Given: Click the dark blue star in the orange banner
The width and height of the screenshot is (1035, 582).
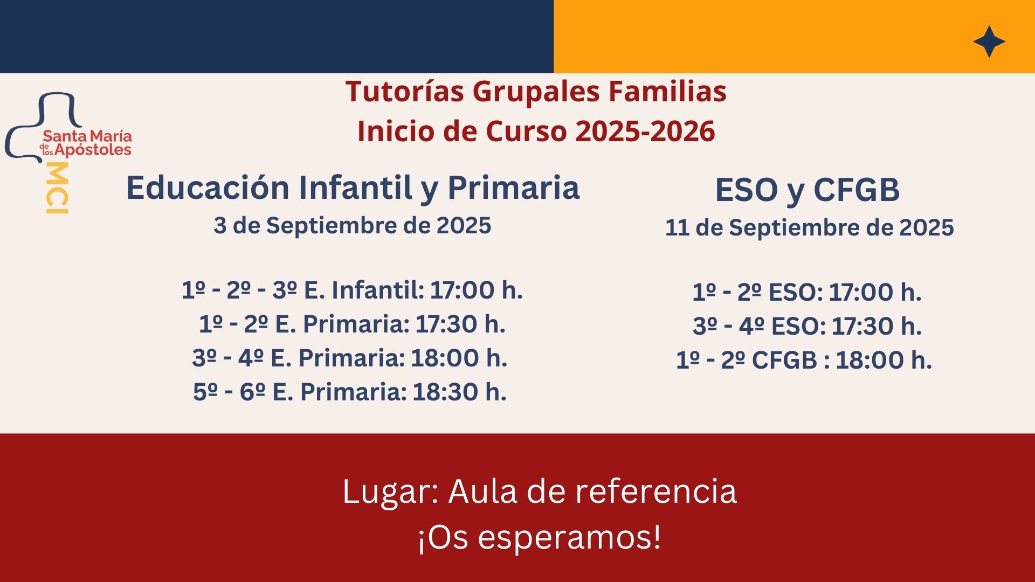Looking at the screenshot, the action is (989, 41).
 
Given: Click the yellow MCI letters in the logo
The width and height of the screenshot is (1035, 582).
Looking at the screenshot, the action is (57, 188).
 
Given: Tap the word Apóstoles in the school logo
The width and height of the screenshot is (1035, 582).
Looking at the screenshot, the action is (93, 150).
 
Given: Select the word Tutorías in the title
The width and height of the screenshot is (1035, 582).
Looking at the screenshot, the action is (404, 91).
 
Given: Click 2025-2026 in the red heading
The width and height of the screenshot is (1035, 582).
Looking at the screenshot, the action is (645, 131).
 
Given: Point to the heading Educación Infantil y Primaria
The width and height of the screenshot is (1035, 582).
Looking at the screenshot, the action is (353, 188).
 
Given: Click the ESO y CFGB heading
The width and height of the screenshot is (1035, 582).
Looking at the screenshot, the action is (807, 190).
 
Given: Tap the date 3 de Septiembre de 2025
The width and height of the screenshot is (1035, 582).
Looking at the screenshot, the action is (352, 225).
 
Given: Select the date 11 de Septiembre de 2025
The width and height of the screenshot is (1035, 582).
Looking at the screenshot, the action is (809, 227).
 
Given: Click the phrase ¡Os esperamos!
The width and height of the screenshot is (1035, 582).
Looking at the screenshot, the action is (539, 538).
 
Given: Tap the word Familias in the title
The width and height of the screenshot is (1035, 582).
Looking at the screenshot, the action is (667, 91).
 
